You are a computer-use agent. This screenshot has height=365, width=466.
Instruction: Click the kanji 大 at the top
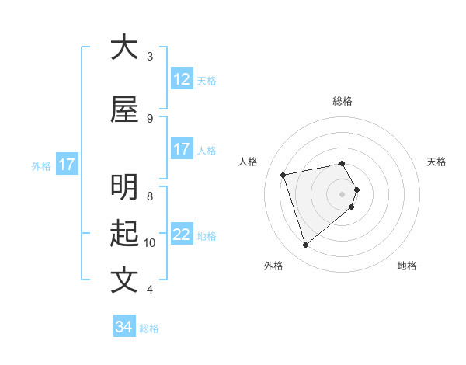click(x=124, y=47)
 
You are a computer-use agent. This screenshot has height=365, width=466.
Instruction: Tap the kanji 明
click(x=124, y=188)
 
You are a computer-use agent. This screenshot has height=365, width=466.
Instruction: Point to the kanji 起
click(x=124, y=234)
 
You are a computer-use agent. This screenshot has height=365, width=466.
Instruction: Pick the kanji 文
click(x=124, y=280)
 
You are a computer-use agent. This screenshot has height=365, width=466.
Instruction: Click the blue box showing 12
click(x=181, y=79)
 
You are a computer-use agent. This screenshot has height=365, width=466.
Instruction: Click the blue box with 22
click(x=181, y=235)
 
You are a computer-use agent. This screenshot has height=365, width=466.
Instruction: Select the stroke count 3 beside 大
click(x=150, y=56)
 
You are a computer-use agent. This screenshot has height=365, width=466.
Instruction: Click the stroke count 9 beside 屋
click(x=150, y=118)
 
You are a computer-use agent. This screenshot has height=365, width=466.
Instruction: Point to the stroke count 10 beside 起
click(x=150, y=243)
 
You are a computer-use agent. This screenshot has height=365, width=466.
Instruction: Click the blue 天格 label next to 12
click(x=207, y=80)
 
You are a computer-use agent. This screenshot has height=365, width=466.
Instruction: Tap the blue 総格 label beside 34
click(x=149, y=328)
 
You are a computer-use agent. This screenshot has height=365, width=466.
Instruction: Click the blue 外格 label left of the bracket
click(x=40, y=165)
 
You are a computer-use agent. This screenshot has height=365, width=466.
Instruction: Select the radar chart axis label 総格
click(x=343, y=101)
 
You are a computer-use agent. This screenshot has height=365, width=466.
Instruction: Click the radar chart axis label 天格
click(x=436, y=162)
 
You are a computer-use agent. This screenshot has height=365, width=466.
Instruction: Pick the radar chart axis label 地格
click(x=407, y=266)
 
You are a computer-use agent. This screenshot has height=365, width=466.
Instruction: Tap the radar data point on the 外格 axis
click(x=306, y=245)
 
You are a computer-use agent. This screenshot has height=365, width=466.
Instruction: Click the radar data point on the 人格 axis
click(x=283, y=174)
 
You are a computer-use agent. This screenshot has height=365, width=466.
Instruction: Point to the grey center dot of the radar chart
click(x=343, y=193)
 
